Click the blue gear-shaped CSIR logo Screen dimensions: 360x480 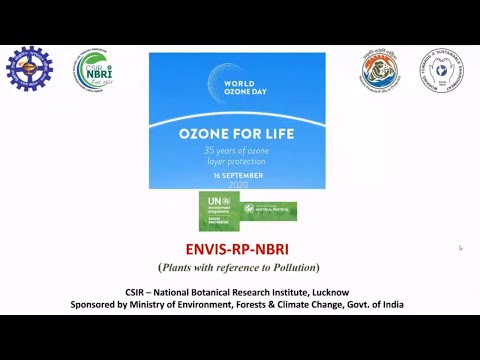(29, 69)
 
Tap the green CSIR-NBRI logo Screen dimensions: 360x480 (92, 70)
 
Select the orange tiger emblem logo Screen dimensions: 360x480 (380, 70)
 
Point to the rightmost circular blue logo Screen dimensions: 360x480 (441, 69)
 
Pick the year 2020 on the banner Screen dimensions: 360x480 (237, 184)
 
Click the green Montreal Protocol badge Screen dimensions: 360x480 (270, 210)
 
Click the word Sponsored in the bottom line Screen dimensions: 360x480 (96, 304)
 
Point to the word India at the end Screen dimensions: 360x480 (390, 304)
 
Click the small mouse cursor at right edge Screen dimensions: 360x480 (461, 248)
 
